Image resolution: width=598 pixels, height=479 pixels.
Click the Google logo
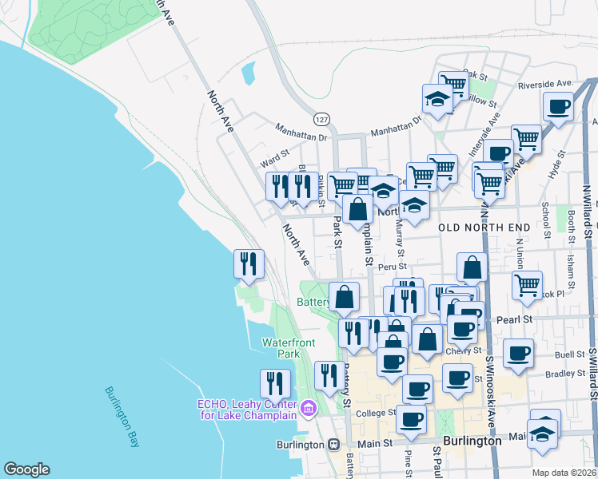(26, 469)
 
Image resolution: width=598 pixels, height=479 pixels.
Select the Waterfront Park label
(289, 347)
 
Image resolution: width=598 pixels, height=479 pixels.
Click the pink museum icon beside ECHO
(309, 410)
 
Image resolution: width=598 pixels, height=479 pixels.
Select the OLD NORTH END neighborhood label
(485, 228)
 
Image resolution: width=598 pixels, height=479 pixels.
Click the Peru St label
(393, 267)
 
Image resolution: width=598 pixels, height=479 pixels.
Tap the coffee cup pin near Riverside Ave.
(559, 105)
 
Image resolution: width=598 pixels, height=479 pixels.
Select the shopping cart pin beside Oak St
(453, 83)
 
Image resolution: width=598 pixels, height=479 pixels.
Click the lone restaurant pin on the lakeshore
(249, 263)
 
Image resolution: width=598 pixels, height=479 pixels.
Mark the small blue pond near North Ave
(249, 75)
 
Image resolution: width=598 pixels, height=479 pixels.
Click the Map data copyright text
(564, 473)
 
